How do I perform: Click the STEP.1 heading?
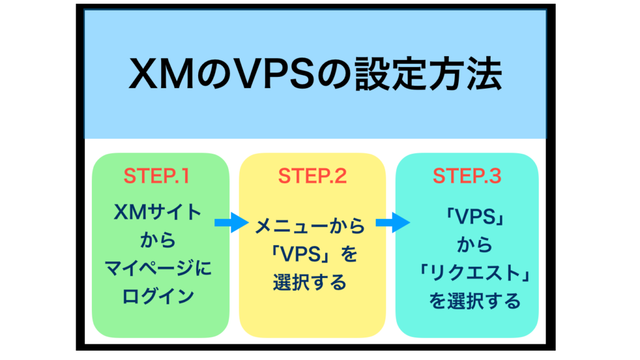157,176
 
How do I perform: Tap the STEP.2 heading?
312,176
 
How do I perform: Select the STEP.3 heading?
467,176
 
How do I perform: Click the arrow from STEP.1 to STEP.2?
231,222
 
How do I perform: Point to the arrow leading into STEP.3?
392,222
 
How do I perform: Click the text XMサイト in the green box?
157,212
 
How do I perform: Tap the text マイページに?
158,268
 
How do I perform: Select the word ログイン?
158,296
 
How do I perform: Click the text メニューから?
310,226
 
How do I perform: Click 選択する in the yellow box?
310,282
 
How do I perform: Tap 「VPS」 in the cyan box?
475,217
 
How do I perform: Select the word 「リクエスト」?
475,273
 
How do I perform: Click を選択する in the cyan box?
475,301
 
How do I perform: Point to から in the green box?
158,240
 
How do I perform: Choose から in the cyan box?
475,245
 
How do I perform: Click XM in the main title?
162,74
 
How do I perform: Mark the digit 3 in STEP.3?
494,176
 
